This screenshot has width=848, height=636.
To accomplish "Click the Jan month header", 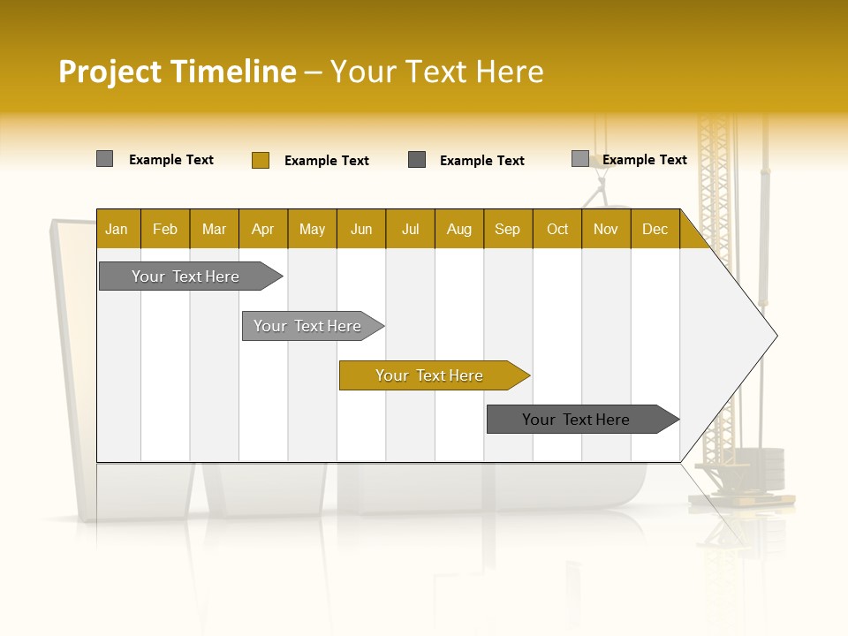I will coord(117,230).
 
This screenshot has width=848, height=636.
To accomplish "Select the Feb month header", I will coord(165,230).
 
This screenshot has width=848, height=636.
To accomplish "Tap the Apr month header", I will coord(262,230).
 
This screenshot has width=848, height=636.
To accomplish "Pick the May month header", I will coord(312,230).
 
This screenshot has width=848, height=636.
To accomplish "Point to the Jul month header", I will coord(410,230).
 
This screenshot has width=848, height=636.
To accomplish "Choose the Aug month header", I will coord(458,230).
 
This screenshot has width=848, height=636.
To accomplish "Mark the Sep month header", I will coord(507,230).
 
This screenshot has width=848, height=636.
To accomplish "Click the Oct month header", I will coord(557,230).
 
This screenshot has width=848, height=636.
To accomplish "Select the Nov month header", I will coord(606,230).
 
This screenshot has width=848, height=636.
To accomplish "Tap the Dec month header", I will coord(655,230).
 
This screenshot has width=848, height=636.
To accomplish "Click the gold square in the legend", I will coord(261,160).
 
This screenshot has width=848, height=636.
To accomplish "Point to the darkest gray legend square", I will coord(417,160).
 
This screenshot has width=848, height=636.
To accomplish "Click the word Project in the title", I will coord(110,72).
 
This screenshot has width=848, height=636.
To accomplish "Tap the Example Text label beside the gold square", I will coord(327,161).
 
